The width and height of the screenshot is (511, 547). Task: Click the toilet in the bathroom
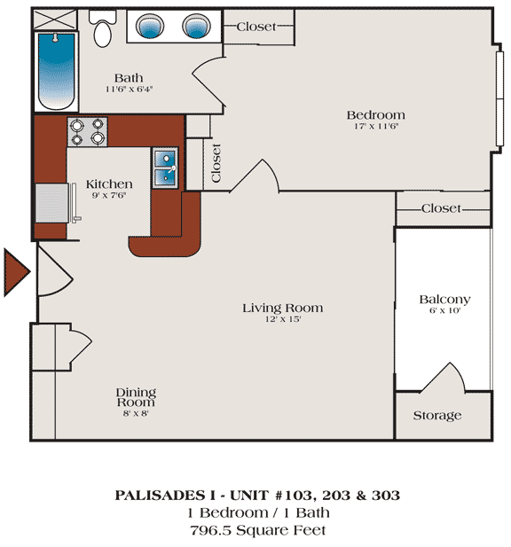[x=102, y=28]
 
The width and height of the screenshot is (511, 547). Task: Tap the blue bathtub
[x=56, y=71]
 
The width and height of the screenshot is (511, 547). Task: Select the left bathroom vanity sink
[x=150, y=26]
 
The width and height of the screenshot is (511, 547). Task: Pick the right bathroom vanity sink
[x=197, y=26]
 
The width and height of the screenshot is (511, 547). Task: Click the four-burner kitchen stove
[x=87, y=132]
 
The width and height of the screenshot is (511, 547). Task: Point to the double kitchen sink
[x=165, y=168]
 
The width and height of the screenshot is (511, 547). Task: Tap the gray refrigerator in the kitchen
[x=52, y=203]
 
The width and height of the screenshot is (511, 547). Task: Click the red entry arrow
[x=17, y=272]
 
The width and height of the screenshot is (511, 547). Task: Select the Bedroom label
[x=376, y=114]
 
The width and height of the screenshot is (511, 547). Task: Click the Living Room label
[x=283, y=308]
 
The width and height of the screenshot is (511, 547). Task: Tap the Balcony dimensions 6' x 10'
[x=445, y=310]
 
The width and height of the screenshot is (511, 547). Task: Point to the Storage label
[x=437, y=416]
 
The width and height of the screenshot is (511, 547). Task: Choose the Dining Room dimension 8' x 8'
[x=136, y=414]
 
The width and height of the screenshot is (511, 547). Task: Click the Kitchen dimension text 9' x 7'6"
[x=109, y=195]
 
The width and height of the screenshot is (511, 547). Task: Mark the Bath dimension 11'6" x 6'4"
[x=130, y=89]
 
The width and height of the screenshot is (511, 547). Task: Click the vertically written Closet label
[x=216, y=163]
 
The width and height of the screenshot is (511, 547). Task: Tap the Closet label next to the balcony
[x=441, y=208]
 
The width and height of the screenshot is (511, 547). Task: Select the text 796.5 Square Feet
[x=258, y=530]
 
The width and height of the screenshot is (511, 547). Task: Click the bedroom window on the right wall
[x=499, y=98]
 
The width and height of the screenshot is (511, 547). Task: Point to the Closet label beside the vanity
[x=256, y=27]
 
